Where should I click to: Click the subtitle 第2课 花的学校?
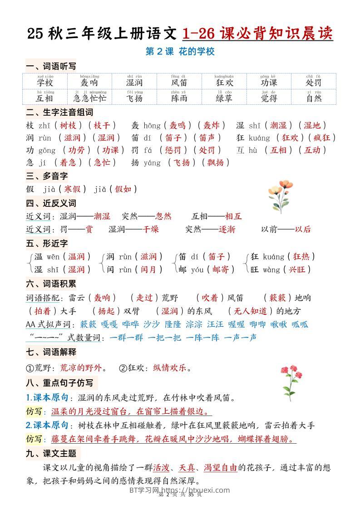180,52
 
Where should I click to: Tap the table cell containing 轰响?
89,81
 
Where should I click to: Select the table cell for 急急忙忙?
89,97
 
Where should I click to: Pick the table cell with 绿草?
224,97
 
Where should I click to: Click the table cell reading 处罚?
313,81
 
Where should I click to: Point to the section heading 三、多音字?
47,176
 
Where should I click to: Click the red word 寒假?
72,189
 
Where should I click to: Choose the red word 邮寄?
220,269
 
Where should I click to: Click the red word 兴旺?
298,269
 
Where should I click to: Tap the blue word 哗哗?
130,324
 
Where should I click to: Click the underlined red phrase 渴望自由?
220,468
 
